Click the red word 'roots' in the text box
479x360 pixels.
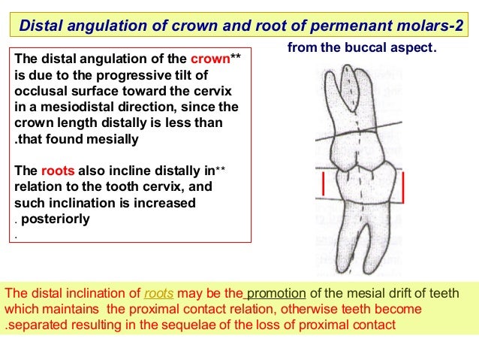point(58,171)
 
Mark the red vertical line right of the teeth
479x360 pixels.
point(404,186)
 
